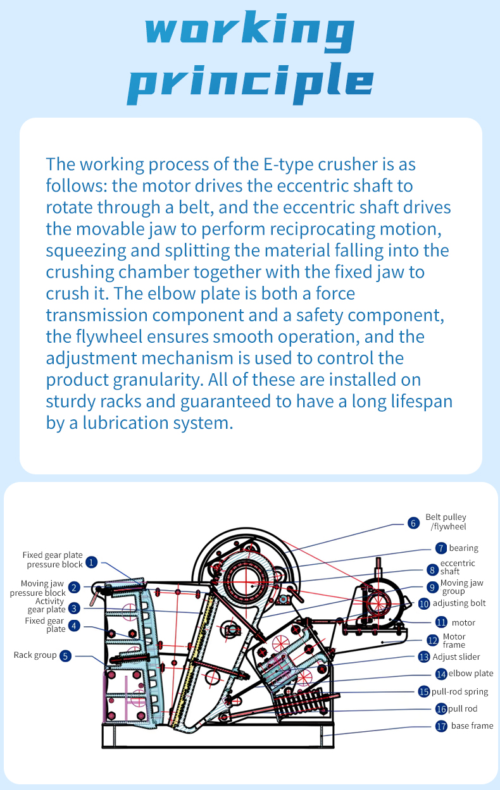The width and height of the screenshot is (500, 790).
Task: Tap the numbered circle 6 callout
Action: coord(413,522)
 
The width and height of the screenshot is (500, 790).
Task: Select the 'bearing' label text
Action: coord(463,548)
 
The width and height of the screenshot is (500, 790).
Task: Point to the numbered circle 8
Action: coord(432,569)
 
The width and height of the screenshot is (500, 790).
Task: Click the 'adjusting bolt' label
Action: coord(459,603)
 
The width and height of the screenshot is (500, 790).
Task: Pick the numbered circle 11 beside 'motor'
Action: coord(441,622)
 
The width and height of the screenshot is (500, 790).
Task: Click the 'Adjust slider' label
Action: coord(456,657)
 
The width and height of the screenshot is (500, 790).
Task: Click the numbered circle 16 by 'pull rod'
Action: coord(441,709)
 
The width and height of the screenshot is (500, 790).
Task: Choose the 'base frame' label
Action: coord(472,726)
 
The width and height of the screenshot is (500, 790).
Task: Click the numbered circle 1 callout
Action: coord(92,561)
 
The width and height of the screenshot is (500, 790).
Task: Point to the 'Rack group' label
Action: coord(35,655)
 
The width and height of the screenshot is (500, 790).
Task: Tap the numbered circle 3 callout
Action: coord(75,608)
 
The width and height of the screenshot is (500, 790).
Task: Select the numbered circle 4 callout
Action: coord(75,626)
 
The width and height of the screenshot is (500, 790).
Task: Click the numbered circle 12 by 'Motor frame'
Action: coord(432,640)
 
